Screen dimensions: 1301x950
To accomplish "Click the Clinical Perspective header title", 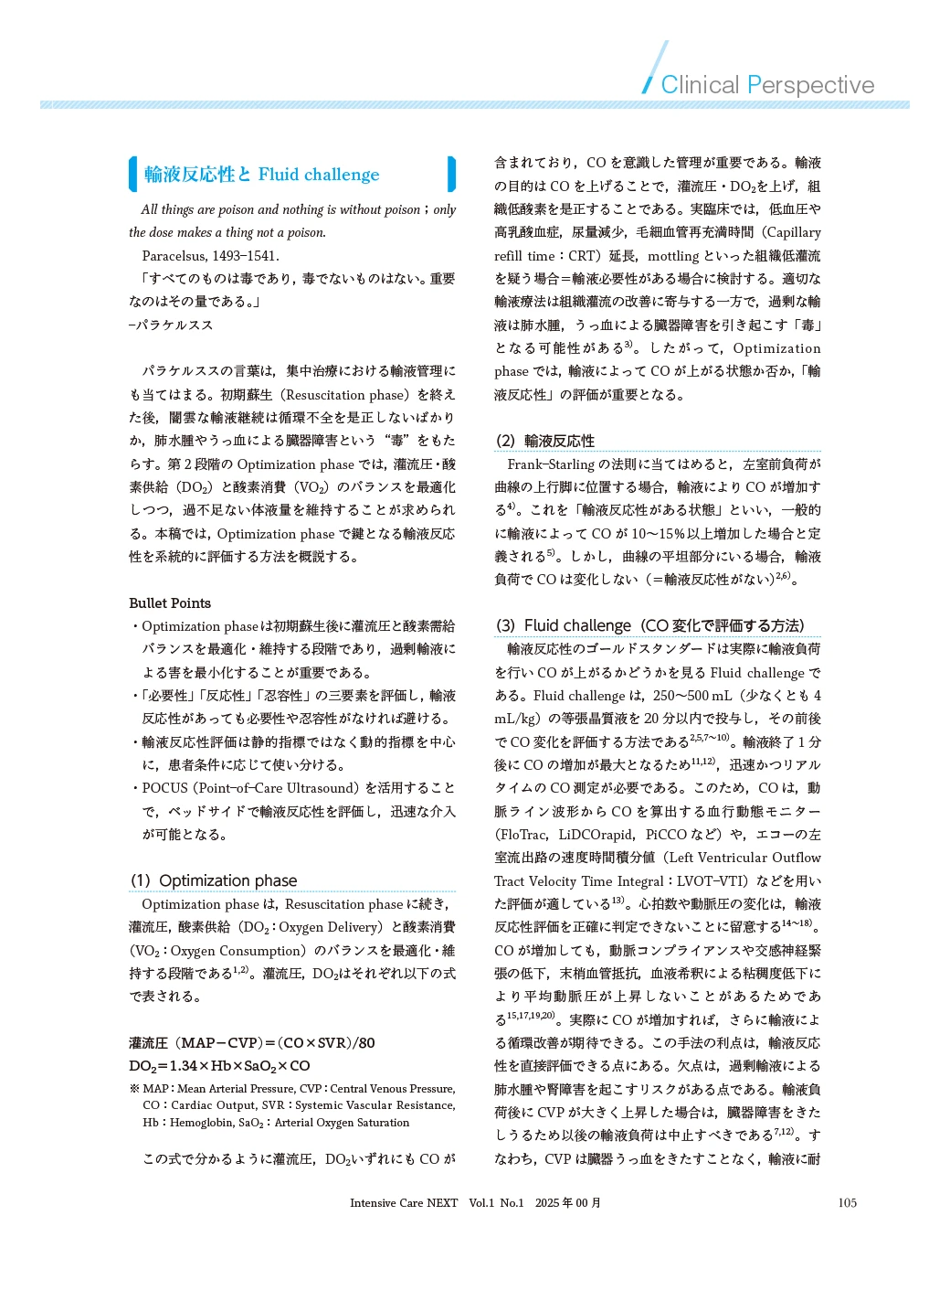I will pyautogui.click(x=767, y=85).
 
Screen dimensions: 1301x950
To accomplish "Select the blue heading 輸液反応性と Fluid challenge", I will pyautogui.click(x=261, y=175).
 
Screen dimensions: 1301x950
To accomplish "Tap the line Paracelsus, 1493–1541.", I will pyautogui.click(x=210, y=256).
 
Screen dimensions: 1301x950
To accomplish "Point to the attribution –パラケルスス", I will pyautogui.click(x=171, y=325).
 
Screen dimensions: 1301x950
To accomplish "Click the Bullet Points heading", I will pyautogui.click(x=170, y=603).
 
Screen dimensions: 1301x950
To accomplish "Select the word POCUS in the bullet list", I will pyautogui.click(x=164, y=788).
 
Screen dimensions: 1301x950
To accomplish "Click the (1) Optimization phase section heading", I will pyautogui.click(x=214, y=880).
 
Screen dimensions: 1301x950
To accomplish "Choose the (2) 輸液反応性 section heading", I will pyautogui.click(x=544, y=441).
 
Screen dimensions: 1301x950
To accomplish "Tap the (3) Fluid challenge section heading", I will pyautogui.click(x=649, y=625).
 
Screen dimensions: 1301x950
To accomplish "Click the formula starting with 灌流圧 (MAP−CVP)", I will pyautogui.click(x=251, y=1043).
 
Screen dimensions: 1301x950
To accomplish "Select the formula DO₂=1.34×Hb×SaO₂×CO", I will pyautogui.click(x=219, y=1066).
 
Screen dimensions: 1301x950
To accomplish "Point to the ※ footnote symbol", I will pyautogui.click(x=134, y=1089).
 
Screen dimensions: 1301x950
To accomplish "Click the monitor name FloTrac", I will pyautogui.click(x=522, y=835).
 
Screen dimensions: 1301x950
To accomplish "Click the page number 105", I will pyautogui.click(x=847, y=1203).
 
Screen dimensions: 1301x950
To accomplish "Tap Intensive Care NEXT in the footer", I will pyautogui.click(x=404, y=1203).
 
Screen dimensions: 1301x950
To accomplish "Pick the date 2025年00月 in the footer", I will pyautogui.click(x=568, y=1203).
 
